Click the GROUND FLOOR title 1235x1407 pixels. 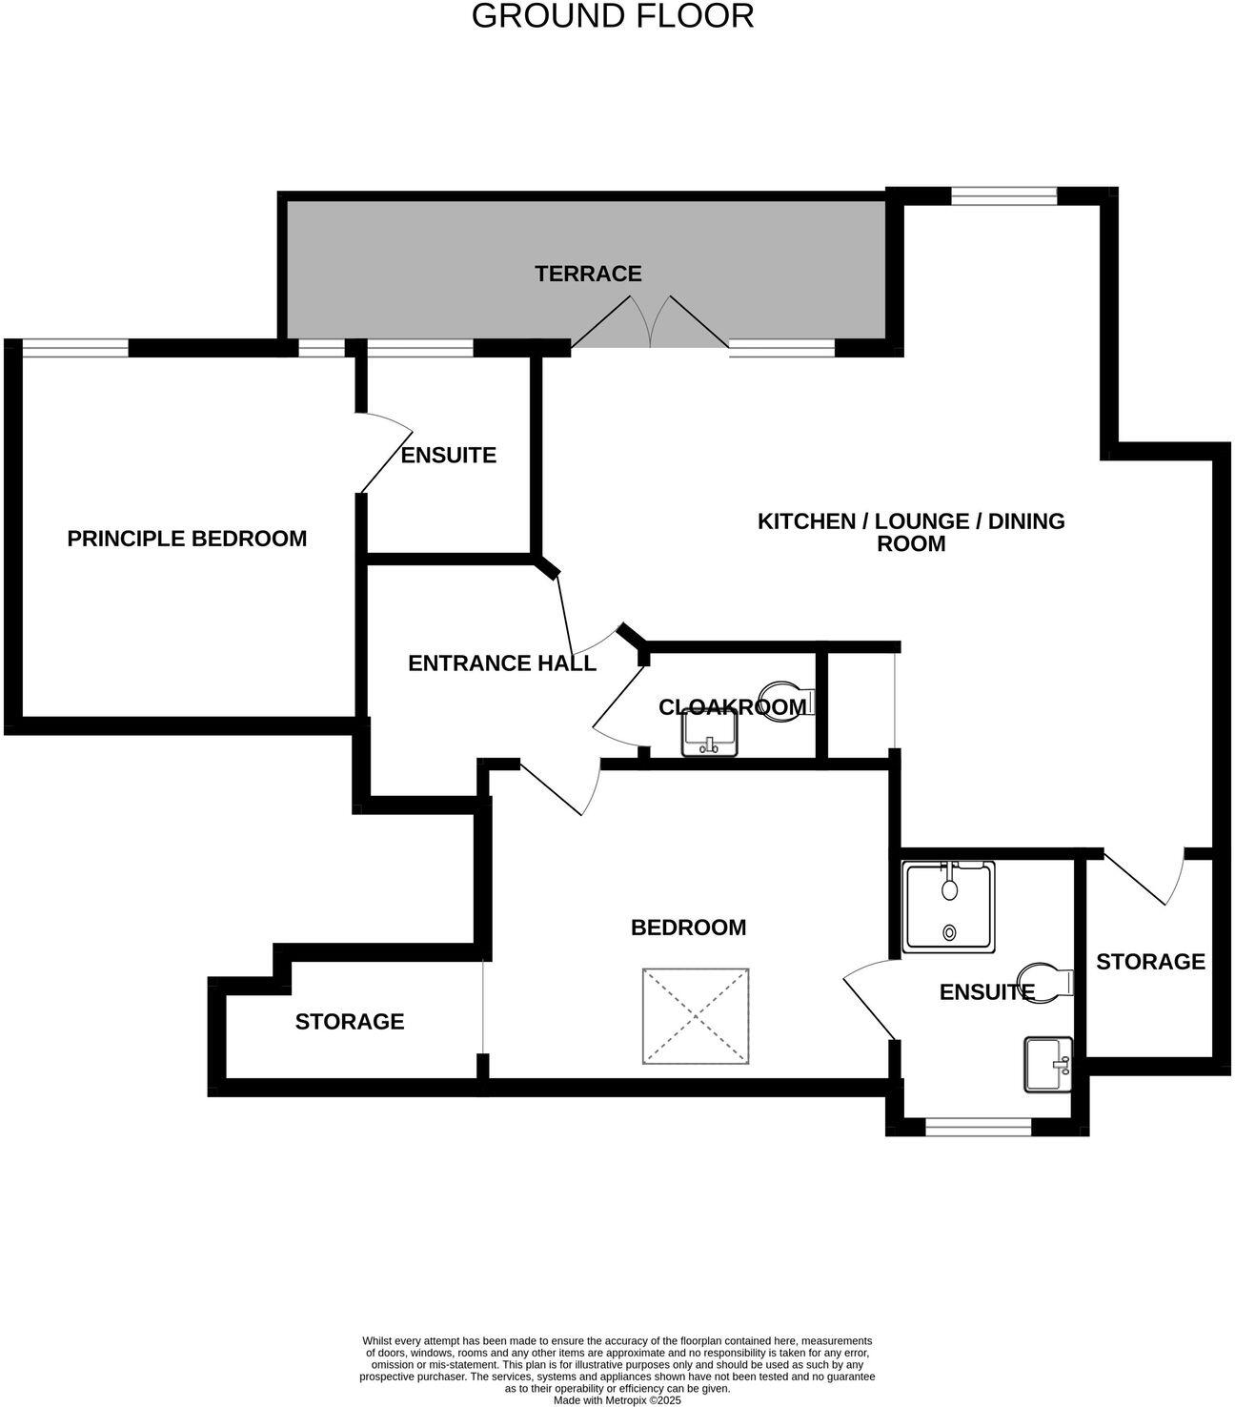(613, 16)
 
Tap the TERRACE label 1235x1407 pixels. (588, 274)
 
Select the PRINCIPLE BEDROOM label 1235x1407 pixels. (187, 539)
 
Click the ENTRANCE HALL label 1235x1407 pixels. (502, 663)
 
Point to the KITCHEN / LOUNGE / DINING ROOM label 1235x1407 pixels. (911, 532)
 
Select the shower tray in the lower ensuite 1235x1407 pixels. (948, 907)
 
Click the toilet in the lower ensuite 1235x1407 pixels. (1044, 982)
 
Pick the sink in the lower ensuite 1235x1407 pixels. (1047, 1065)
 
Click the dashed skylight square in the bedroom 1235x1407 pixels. (697, 1015)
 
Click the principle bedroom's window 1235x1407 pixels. (75, 349)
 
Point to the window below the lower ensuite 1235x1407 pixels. (979, 1128)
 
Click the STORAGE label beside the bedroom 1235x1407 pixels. (350, 1022)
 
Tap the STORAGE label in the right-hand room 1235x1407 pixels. (1150, 962)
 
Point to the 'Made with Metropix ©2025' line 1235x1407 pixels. (617, 1400)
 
